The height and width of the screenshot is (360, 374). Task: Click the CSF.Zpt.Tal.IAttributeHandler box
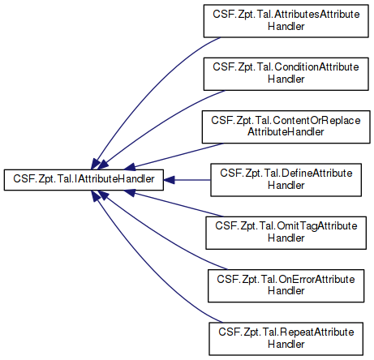coord(84,180)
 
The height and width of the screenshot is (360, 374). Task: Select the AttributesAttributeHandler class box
coord(286,21)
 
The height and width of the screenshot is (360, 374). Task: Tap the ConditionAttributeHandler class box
coord(286,74)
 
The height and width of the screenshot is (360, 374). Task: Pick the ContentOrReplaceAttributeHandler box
coord(286,126)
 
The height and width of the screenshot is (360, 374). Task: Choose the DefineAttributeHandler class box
coord(286,180)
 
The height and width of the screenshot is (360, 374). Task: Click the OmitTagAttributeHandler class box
coord(286,233)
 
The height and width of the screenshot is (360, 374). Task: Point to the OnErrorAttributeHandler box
coord(286,285)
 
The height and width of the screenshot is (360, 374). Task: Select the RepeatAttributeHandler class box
coord(286,339)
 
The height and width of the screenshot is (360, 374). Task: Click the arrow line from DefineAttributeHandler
coord(192,180)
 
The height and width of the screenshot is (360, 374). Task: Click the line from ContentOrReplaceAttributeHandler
coord(178,155)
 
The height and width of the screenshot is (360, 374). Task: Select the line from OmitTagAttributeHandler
coord(178,204)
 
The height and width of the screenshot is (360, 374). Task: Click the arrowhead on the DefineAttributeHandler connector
coord(169,180)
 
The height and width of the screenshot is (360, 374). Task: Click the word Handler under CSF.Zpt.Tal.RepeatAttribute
coord(286,344)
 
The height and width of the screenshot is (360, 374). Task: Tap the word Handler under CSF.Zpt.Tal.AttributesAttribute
coord(286,26)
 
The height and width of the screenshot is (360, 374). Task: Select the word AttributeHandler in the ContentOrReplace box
coord(286,132)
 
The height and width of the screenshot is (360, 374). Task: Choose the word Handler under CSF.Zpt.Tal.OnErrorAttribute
coord(286,291)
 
